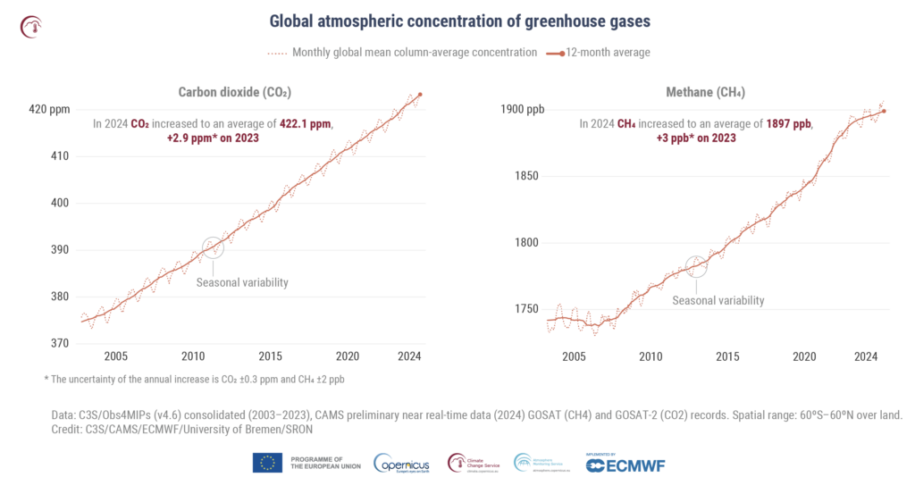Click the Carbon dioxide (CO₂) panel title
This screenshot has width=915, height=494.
tap(235, 92)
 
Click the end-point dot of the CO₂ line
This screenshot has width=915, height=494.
tap(420, 94)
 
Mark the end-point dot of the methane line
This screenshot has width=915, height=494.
tap(884, 111)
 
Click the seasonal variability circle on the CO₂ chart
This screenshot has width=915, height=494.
tap(213, 248)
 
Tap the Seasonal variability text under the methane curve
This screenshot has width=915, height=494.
tap(718, 300)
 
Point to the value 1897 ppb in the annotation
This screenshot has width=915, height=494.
tap(789, 124)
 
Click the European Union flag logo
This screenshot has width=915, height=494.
tap(268, 463)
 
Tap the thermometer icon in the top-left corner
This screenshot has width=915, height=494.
tap(30, 26)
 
